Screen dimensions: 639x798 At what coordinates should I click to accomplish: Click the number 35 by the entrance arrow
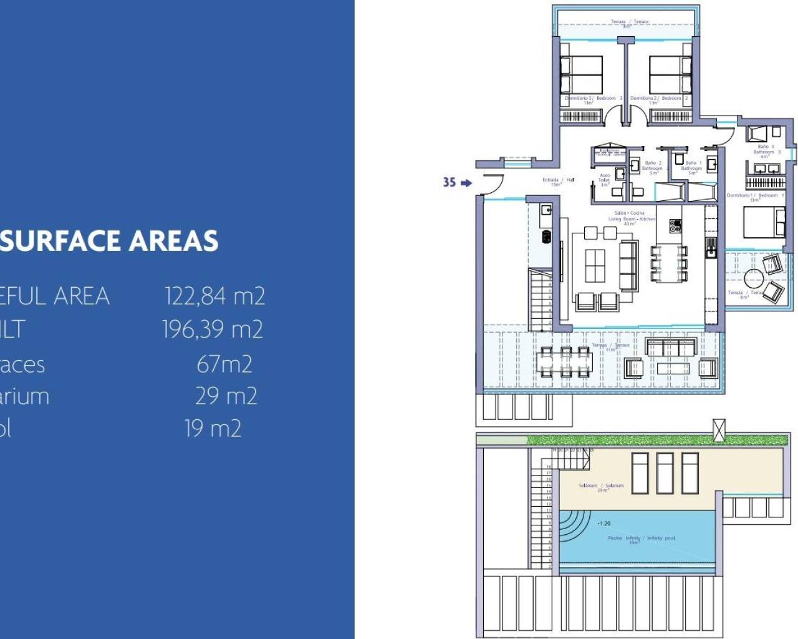coord(449,182)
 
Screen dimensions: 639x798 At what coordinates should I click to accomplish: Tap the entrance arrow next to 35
coord(466,182)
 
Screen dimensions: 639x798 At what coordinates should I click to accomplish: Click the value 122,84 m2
coord(215,296)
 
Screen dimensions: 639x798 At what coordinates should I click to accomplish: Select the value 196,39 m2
coord(213,329)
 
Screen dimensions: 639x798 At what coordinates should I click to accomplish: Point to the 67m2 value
coord(224,364)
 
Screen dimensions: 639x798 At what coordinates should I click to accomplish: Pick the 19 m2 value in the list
coord(213,429)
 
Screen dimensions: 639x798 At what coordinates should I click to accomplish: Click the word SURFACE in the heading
coord(60,241)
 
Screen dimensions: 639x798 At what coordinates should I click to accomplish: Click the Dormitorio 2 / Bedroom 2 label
coord(658,99)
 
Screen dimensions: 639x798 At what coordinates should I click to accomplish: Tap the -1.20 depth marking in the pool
coord(603,524)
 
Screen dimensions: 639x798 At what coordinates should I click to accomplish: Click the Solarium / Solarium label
coord(601,487)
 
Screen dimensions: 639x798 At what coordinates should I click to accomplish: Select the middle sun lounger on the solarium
coord(665,472)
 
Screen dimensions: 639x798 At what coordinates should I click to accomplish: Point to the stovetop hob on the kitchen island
coord(675,225)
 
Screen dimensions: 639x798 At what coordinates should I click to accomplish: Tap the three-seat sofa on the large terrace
coord(671,347)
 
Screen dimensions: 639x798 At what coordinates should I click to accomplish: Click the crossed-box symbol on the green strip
coord(719,429)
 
